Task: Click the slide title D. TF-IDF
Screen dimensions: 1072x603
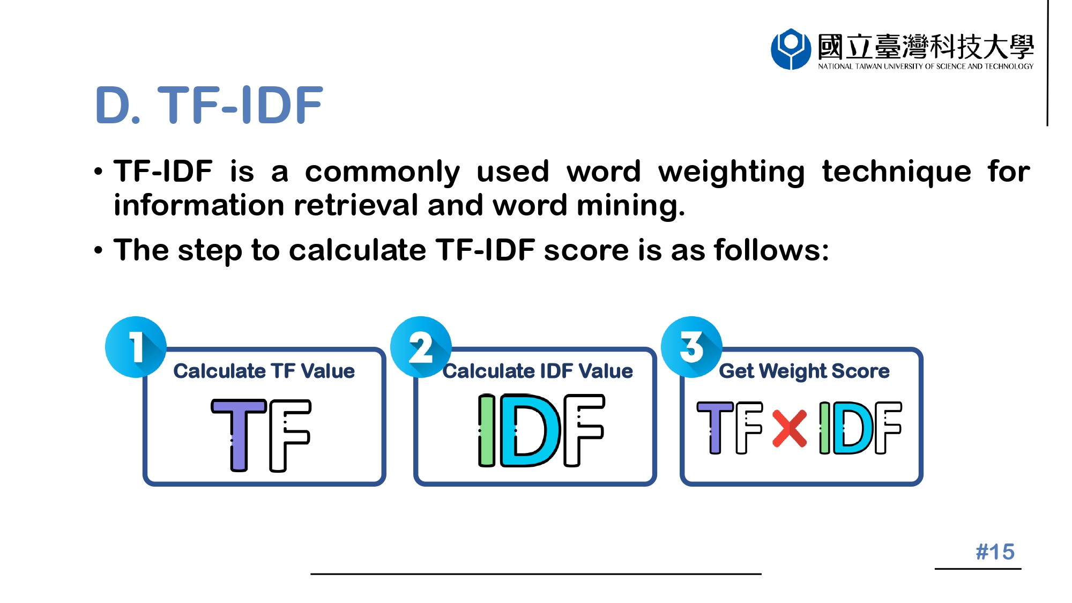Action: coord(209,105)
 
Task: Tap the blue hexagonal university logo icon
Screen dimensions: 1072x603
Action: coord(791,49)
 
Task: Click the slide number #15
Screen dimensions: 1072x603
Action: coord(995,552)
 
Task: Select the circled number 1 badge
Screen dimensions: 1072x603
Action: coord(136,347)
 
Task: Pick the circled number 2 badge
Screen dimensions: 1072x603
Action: coord(421,347)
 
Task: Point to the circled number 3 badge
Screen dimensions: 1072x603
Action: coord(691,347)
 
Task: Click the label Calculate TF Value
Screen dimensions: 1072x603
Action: coord(264,371)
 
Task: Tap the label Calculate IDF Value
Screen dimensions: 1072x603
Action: coord(538,371)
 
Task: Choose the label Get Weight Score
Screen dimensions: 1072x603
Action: coord(804,371)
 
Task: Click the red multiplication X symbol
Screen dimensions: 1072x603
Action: coord(790,428)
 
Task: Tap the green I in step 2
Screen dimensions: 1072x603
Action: coord(487,430)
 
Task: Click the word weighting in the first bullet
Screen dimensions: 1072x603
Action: coord(732,173)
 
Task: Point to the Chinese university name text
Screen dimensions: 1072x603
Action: coord(926,46)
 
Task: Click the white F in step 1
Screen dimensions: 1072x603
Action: coord(290,435)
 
